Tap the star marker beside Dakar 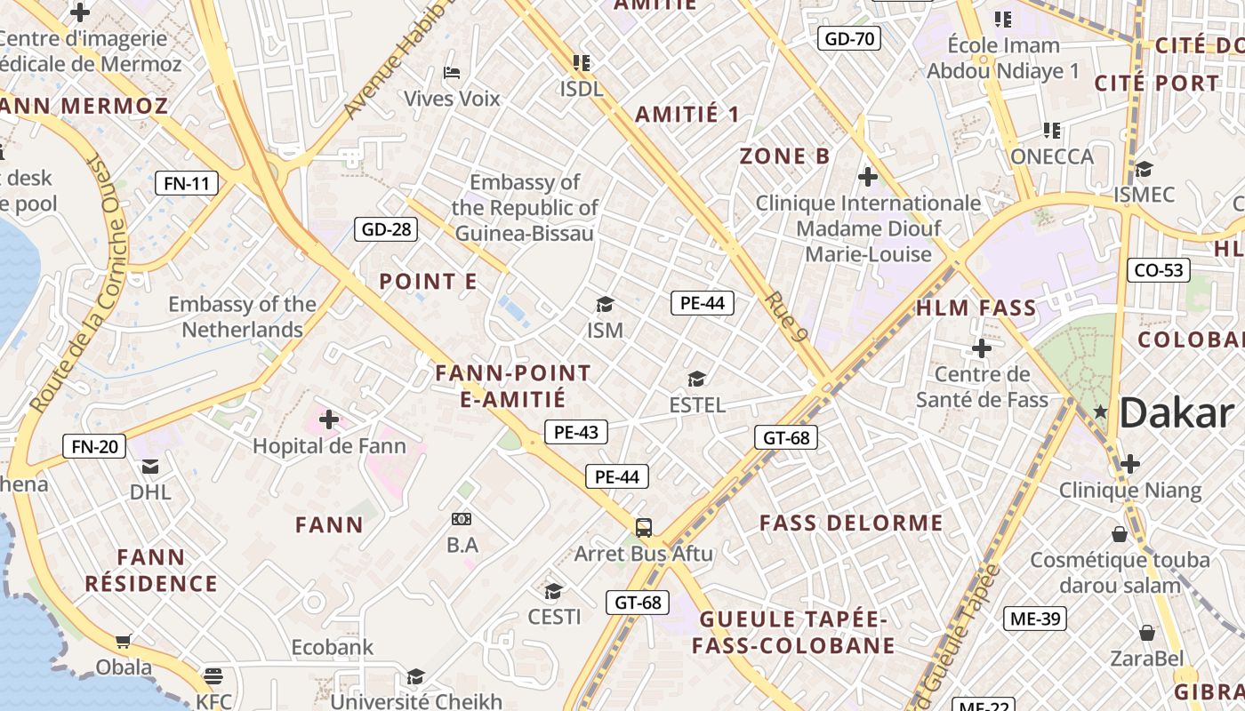[x=1101, y=411]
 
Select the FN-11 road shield [x=187, y=184]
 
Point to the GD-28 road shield [x=386, y=229]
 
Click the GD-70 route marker [x=848, y=38]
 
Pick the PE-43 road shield [x=575, y=433]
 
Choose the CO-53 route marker [x=1158, y=270]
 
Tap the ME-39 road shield [x=1034, y=619]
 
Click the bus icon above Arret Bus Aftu [x=644, y=527]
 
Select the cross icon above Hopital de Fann [x=329, y=419]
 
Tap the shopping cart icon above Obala [x=124, y=641]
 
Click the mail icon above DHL [x=150, y=466]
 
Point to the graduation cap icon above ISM [x=605, y=305]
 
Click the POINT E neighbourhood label [x=428, y=282]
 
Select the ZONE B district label [x=784, y=156]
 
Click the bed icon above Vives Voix [x=452, y=73]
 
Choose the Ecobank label [x=333, y=647]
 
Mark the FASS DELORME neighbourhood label [x=851, y=523]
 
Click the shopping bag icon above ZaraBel [x=1147, y=633]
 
